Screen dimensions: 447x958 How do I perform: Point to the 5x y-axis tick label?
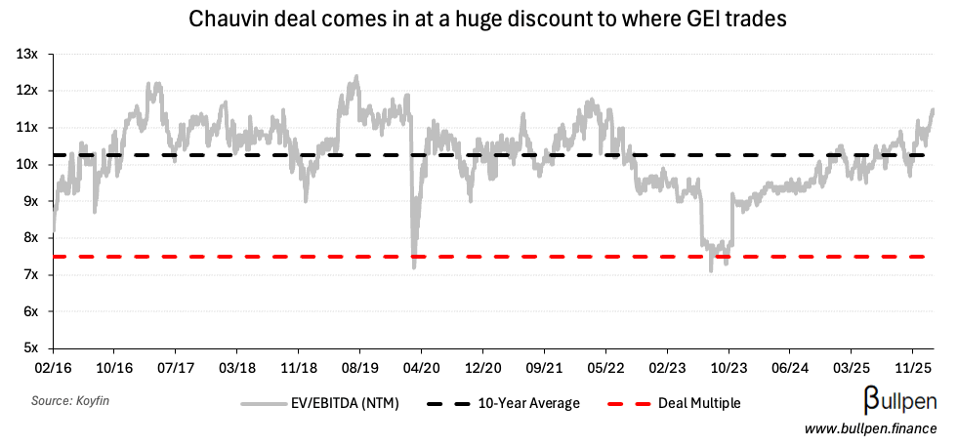coord(29,347)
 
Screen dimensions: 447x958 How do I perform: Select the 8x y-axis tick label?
coord(29,237)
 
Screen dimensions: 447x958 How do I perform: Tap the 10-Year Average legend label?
coord(529,403)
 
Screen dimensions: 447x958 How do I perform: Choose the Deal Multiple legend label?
coord(698,403)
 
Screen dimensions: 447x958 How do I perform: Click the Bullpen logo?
coord(899,400)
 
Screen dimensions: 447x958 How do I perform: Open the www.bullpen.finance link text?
coord(871,428)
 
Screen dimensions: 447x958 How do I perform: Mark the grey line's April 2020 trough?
coord(414,264)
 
